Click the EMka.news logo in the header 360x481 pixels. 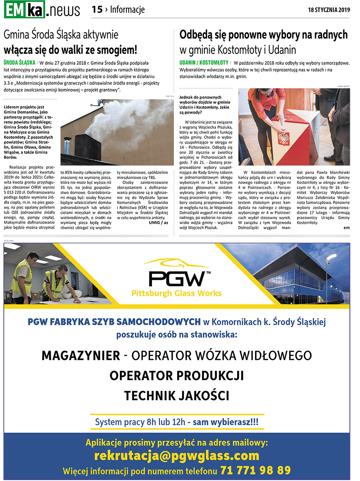[x=42, y=10]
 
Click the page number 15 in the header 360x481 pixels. [x=97, y=10]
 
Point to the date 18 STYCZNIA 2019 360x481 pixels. [x=329, y=10]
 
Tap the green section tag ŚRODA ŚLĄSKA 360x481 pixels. [x=19, y=63]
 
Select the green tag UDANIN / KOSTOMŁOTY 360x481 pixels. [x=204, y=63]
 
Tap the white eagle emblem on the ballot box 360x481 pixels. [x=284, y=138]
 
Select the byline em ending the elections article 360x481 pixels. [x=346, y=228]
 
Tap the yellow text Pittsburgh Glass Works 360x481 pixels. [x=176, y=293]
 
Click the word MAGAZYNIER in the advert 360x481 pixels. [x=80, y=355]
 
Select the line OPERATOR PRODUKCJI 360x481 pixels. [x=176, y=375]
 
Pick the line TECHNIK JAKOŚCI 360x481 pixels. [x=176, y=395]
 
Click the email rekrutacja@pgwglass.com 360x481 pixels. [x=176, y=455]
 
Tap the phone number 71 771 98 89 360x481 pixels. [x=255, y=470]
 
